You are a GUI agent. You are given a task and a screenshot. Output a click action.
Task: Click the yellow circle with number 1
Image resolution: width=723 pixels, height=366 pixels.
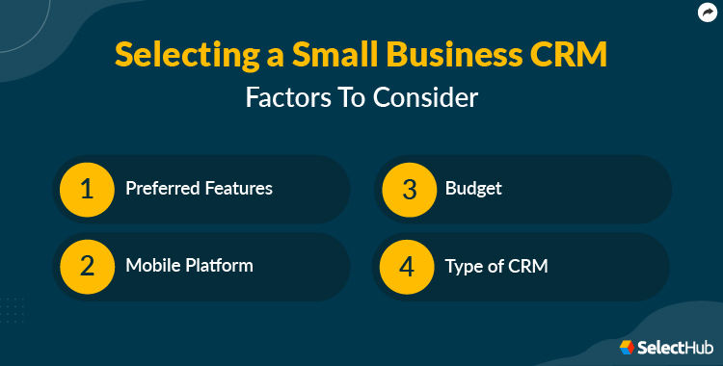tap(88, 188)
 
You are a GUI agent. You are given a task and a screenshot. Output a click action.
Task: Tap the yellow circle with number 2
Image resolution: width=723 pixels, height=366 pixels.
tap(88, 266)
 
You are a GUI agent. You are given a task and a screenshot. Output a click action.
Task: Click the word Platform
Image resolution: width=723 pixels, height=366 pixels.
tap(218, 266)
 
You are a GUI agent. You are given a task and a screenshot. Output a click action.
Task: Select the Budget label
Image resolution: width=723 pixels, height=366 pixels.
tap(473, 188)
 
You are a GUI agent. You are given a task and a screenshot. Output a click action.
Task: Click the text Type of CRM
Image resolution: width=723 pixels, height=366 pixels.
tap(495, 266)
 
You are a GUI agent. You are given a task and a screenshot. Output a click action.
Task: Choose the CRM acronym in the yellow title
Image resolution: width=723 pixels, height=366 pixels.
tap(572, 56)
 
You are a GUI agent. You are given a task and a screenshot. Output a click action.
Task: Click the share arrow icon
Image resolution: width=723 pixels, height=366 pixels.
tap(705, 13)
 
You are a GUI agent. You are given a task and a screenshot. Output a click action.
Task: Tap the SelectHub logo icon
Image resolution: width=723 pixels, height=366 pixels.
tap(627, 347)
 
